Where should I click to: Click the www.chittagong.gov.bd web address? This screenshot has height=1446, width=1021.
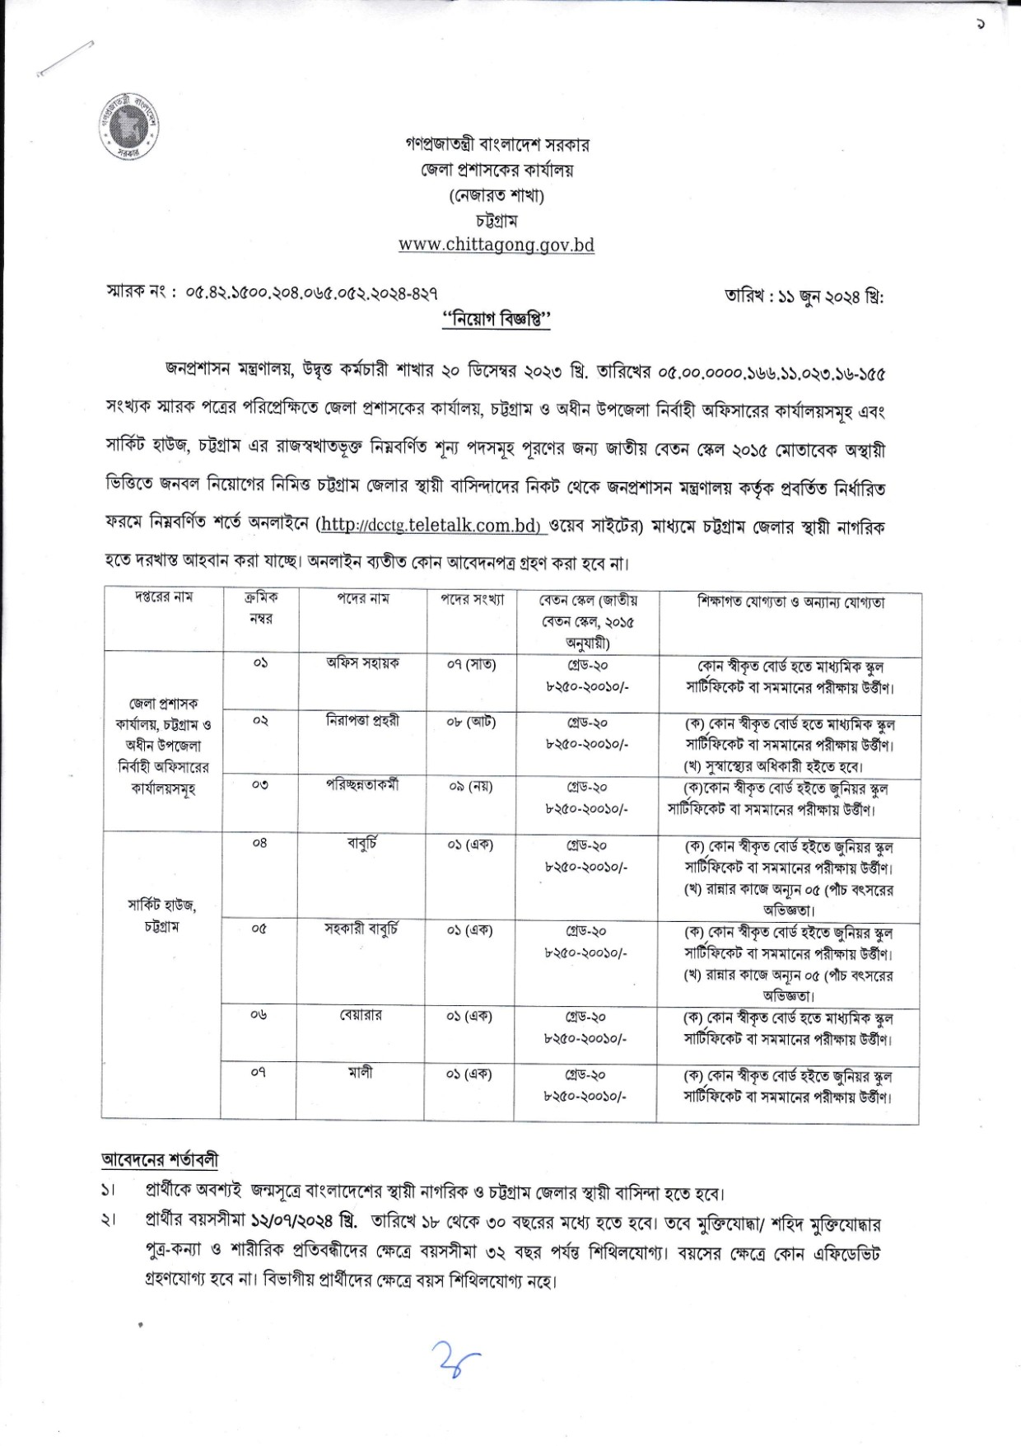(x=496, y=246)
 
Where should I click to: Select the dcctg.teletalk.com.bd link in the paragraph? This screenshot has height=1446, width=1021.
(x=428, y=526)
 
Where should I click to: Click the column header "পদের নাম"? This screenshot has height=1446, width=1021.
(x=362, y=599)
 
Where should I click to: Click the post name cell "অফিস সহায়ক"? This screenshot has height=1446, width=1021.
(x=362, y=663)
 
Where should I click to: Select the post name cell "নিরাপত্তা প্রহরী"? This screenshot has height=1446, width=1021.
(x=362, y=721)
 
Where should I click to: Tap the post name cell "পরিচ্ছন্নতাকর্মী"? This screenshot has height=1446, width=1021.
(x=362, y=785)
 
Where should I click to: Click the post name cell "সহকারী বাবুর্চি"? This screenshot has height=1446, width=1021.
(x=362, y=929)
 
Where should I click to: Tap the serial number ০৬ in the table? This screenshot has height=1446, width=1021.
(x=259, y=1016)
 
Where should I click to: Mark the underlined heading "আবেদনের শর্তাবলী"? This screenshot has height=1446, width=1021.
(x=161, y=1159)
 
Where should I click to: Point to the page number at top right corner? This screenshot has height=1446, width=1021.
(x=980, y=25)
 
